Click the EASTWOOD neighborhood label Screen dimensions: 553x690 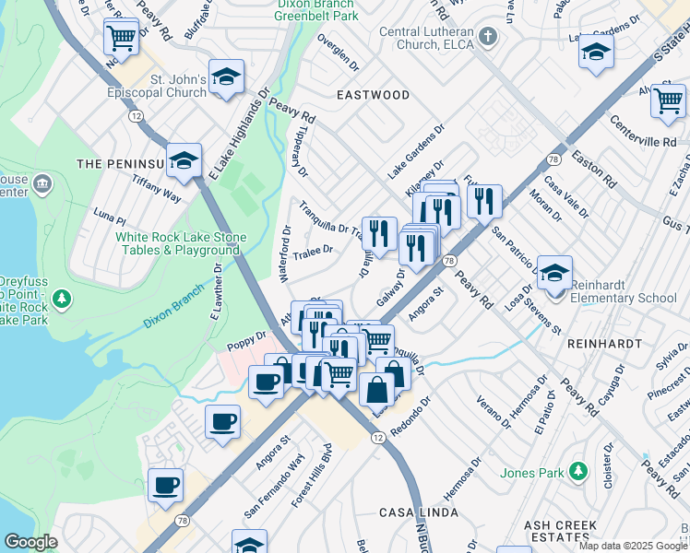373,95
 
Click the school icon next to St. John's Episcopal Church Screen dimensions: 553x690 226,78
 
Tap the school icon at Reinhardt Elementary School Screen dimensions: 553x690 554,274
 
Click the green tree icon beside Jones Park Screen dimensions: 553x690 578,472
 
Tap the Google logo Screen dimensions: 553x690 31,542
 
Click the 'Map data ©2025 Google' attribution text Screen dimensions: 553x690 633,546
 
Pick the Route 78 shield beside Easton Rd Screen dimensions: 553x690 553,159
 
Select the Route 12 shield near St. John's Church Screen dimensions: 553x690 136,115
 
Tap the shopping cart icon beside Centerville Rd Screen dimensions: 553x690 667,100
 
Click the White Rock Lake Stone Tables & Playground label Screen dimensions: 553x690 181,243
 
